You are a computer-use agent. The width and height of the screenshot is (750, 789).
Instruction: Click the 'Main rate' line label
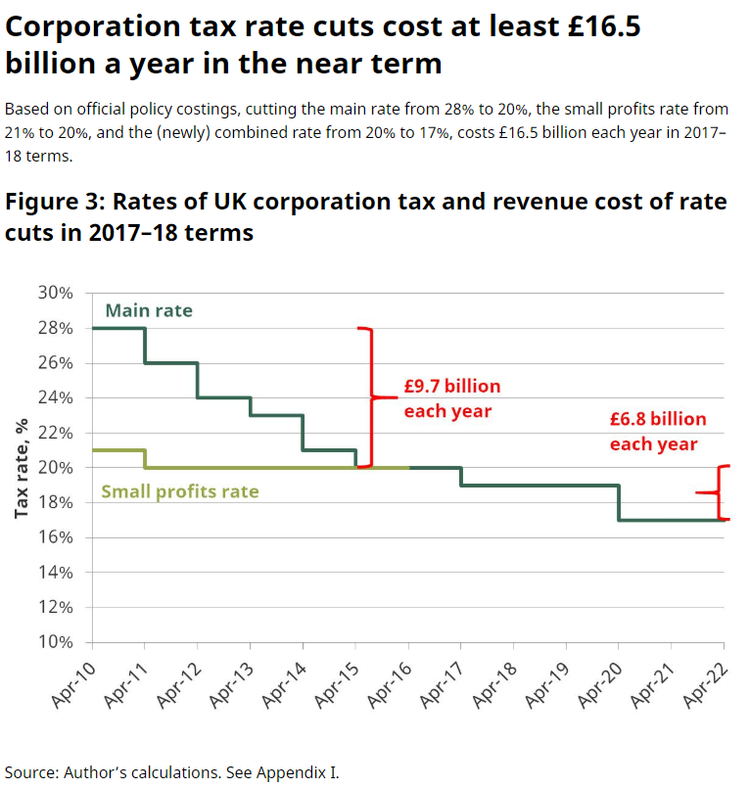tap(149, 310)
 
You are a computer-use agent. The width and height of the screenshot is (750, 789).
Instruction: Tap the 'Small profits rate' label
tap(181, 490)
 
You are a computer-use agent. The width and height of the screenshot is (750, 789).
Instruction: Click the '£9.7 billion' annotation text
tap(451, 386)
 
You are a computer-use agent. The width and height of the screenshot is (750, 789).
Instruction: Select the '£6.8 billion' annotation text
tap(657, 419)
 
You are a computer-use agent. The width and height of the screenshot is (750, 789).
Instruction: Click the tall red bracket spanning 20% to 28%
tap(370, 396)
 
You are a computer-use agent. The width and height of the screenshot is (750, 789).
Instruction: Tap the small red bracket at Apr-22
tap(720, 492)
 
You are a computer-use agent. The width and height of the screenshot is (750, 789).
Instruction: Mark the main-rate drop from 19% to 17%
tap(618, 502)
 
